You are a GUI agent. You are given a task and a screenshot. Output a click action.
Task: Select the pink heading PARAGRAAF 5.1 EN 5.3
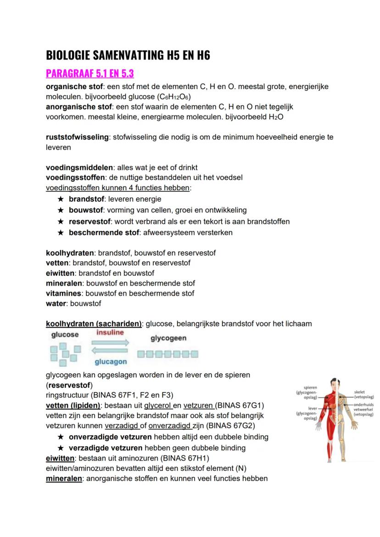pos(90,73)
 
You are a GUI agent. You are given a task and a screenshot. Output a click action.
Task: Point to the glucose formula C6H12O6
pos(173,96)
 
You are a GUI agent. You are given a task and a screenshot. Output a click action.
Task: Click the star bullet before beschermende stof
pos(60,232)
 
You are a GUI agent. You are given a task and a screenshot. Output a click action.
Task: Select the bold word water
pos(56,303)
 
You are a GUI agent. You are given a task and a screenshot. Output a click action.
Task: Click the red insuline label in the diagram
pos(110,332)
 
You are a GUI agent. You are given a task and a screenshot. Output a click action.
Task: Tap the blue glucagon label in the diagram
pos(111,362)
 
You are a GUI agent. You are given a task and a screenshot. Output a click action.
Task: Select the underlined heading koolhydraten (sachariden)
pos(94,324)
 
